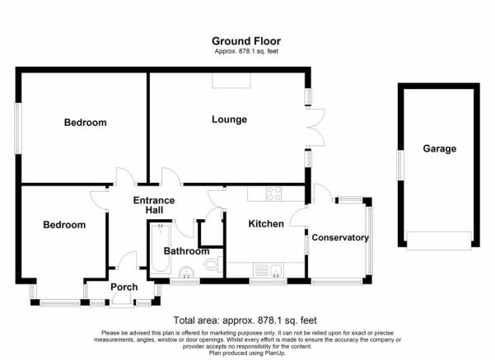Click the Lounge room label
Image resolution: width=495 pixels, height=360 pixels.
229,119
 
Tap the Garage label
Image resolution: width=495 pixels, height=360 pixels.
440,148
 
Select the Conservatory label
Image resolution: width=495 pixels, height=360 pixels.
340,237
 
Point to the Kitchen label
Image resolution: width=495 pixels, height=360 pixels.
266,223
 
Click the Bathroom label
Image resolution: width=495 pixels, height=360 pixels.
186,251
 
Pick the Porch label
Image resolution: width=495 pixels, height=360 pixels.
124,287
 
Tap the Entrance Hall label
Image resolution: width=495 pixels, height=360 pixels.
154,205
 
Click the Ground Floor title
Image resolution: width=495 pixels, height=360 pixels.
246,41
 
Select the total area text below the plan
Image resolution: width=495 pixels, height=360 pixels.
245,320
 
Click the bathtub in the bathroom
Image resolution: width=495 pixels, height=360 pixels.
161,248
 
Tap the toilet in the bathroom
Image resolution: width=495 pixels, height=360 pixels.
212,264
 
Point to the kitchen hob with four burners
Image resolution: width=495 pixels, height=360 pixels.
273,194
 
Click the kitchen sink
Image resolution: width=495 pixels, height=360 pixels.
269,270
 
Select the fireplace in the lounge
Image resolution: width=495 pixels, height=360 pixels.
231,80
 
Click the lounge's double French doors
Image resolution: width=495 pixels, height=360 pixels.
315,127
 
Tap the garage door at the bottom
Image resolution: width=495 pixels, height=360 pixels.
439,241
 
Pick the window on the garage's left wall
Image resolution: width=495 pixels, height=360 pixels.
400,165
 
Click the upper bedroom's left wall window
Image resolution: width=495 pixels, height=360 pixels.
18,129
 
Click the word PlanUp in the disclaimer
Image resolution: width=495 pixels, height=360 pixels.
274,353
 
